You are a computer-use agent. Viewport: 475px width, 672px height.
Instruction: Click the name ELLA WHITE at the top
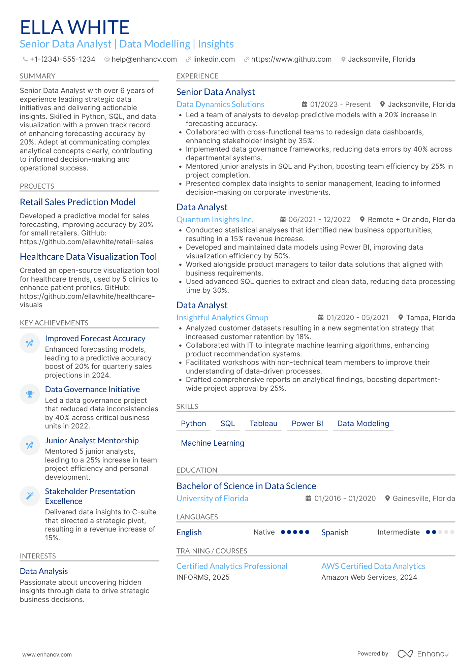click(74, 27)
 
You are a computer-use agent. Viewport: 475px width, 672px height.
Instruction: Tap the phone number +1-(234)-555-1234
click(62, 59)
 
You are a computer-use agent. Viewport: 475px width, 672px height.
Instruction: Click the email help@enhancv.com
click(144, 59)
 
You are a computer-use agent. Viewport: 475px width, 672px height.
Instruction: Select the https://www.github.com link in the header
click(291, 59)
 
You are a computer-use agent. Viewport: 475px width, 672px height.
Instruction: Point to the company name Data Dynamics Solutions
click(220, 104)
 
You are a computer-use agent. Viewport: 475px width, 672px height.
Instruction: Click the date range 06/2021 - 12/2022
click(319, 220)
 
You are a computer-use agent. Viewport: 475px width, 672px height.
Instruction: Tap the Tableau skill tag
click(263, 423)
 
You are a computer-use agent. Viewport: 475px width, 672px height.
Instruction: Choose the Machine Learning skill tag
click(213, 443)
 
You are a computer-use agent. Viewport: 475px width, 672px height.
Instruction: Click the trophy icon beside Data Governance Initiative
click(30, 394)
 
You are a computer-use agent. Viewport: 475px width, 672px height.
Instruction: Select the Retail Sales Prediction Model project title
click(78, 202)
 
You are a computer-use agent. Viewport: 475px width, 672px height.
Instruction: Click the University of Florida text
click(212, 499)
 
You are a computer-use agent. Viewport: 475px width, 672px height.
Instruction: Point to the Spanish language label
click(335, 533)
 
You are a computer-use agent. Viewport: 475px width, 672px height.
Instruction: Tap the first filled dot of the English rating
click(283, 532)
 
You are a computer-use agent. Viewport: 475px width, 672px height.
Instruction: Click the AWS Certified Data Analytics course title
click(373, 566)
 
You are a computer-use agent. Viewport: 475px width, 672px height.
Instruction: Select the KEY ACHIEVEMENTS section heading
click(54, 323)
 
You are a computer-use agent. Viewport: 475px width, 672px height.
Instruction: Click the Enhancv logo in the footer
click(423, 654)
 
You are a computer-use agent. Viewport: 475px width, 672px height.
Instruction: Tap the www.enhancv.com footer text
click(47, 654)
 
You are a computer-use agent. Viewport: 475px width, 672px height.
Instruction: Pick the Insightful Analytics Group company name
click(222, 318)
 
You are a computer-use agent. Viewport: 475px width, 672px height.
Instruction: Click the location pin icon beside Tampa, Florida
click(401, 317)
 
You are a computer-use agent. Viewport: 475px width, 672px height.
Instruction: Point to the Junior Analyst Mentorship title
click(92, 441)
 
